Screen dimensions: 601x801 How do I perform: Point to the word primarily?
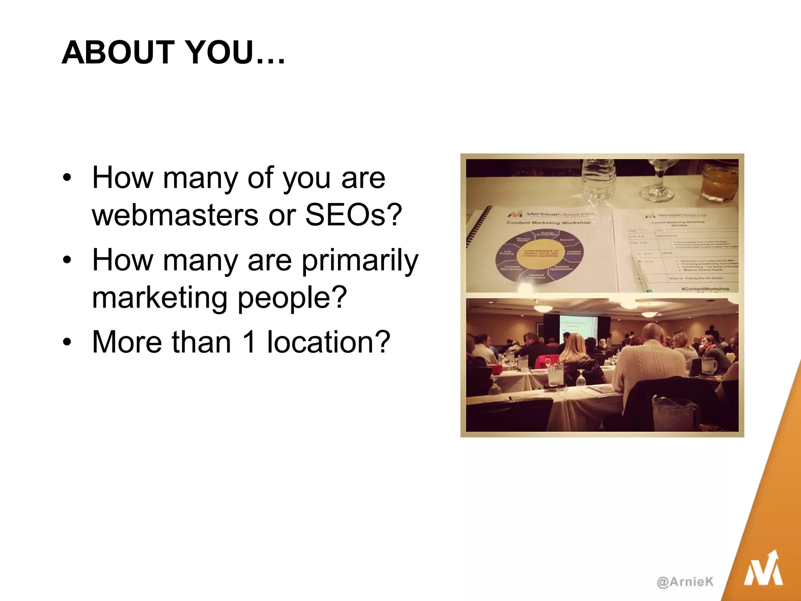pos(360,261)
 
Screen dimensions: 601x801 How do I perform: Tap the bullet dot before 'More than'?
pos(67,343)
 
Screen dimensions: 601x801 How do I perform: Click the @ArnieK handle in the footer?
pos(685,582)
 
